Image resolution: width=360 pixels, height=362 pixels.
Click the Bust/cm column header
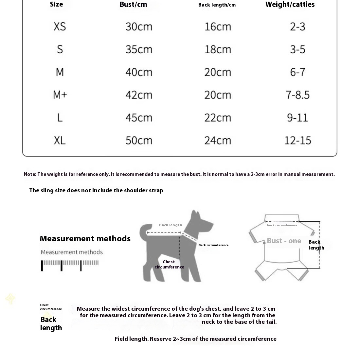(x=133, y=5)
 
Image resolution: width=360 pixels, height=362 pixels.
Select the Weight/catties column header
(x=290, y=5)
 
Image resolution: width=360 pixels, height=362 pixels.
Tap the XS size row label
(x=60, y=26)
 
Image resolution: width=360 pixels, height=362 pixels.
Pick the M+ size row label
(x=60, y=95)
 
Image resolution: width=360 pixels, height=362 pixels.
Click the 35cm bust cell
(x=139, y=49)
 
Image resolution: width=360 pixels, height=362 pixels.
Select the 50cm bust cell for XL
(x=139, y=140)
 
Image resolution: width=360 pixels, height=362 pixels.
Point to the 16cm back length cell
(x=218, y=26)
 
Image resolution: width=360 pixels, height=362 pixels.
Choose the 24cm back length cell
(x=218, y=140)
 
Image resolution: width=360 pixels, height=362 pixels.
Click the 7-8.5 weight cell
(x=297, y=95)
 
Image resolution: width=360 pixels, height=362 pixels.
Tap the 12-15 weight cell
(x=297, y=140)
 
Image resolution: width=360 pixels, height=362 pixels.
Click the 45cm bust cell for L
(x=139, y=118)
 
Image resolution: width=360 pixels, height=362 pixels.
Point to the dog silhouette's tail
(x=144, y=231)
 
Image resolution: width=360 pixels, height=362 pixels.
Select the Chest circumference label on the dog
(x=169, y=264)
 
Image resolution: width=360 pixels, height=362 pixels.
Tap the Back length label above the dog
(x=171, y=225)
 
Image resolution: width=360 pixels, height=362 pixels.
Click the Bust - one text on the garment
(x=284, y=241)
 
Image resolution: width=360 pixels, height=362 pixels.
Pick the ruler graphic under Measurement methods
(x=70, y=265)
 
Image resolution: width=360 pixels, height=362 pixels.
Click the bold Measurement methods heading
(x=85, y=239)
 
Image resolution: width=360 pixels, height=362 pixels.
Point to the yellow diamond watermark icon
(x=10, y=298)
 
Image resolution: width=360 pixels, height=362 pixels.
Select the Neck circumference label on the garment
(x=282, y=225)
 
